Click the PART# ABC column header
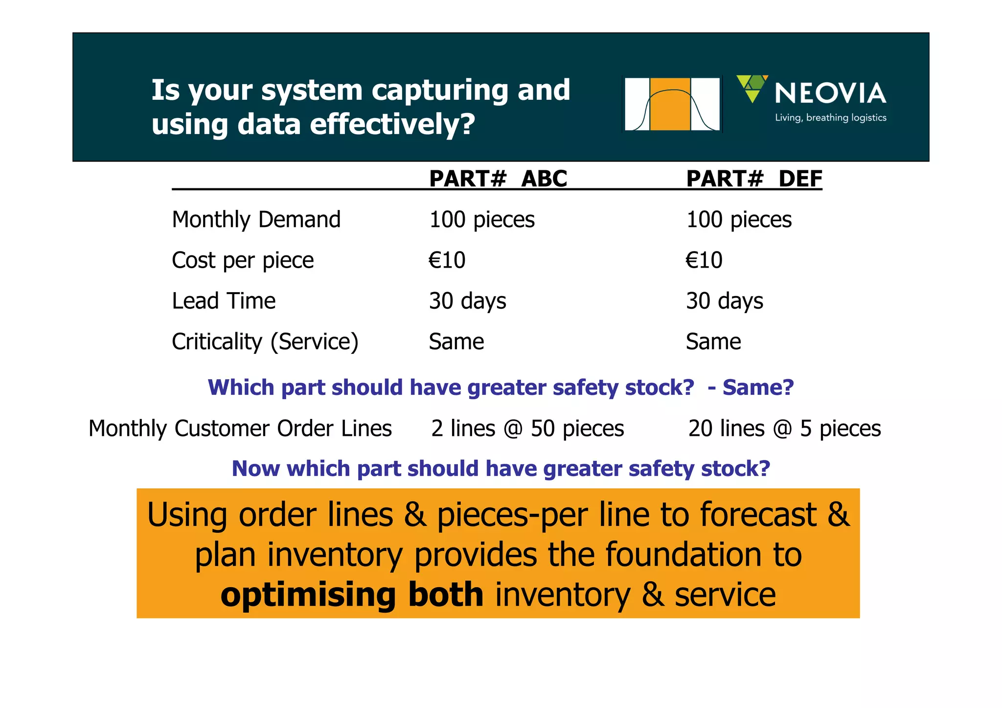pyautogui.click(x=498, y=179)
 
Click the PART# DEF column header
pyautogui.click(x=754, y=179)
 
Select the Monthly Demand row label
pyautogui.click(x=256, y=219)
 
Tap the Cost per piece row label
pyautogui.click(x=243, y=260)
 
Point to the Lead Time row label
pyautogui.click(x=224, y=300)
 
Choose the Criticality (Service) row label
pyautogui.click(x=265, y=342)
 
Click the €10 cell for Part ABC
pyautogui.click(x=447, y=260)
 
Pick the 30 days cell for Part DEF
pyautogui.click(x=725, y=300)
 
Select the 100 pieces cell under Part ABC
pyautogui.click(x=482, y=219)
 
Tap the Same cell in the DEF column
pyautogui.click(x=713, y=342)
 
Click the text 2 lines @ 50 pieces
pyautogui.click(x=527, y=428)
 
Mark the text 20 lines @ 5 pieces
pyautogui.click(x=784, y=428)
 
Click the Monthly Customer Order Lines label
pyautogui.click(x=240, y=428)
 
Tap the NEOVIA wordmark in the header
pyautogui.click(x=830, y=93)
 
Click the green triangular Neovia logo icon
pyautogui.click(x=752, y=88)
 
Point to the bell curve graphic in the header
pyautogui.click(x=672, y=104)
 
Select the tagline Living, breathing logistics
pyautogui.click(x=830, y=117)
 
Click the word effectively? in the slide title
pyautogui.click(x=392, y=124)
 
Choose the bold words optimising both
pyautogui.click(x=352, y=594)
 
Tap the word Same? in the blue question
pyautogui.click(x=758, y=388)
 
